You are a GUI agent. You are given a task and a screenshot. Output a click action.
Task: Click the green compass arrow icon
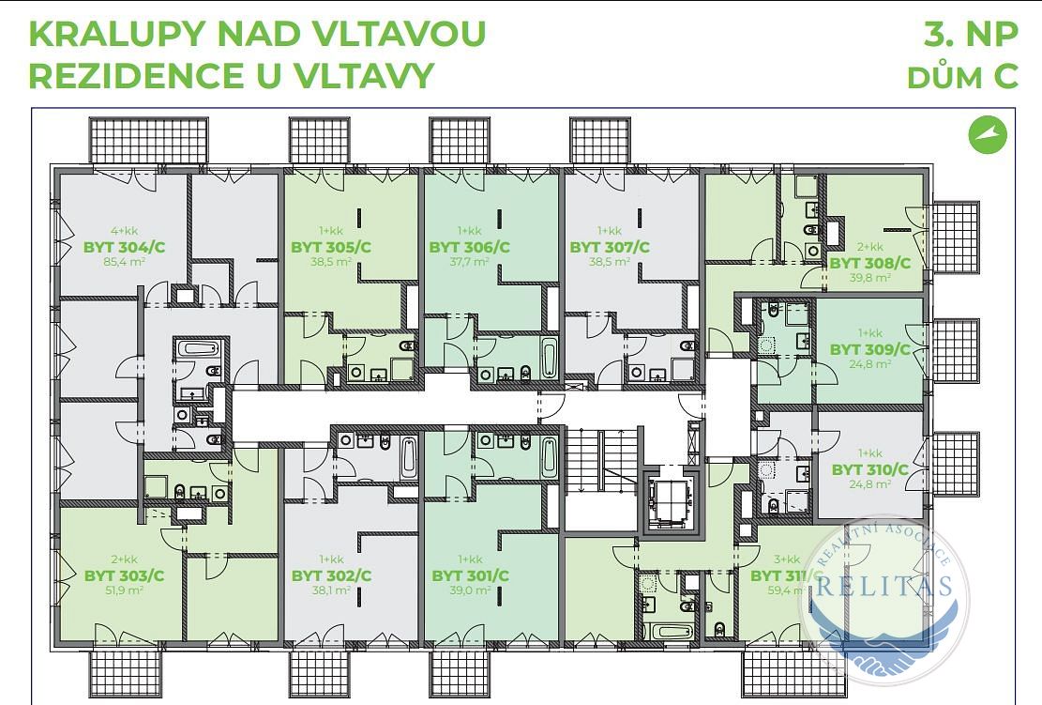coord(988,134)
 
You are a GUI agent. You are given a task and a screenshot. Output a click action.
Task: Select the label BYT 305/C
coord(331,247)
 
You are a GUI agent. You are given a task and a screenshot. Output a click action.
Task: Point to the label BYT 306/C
coord(469,247)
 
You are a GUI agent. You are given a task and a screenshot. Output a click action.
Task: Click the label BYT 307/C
coord(610,247)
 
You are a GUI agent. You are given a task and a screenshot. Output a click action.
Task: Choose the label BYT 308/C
coord(869,263)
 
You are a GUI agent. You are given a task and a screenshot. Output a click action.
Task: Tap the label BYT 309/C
coord(870,349)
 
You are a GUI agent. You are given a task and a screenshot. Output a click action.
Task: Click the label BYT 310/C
coord(870,469)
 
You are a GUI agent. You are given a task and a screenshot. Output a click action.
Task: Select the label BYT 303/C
coord(125,575)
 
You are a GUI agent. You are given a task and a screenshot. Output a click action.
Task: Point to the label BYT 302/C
coord(331,575)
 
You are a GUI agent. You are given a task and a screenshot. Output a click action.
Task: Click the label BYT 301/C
coord(470,575)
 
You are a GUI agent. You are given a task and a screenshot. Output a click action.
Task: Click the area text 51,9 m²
coord(124,590)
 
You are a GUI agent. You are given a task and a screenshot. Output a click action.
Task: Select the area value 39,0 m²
coord(470,590)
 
